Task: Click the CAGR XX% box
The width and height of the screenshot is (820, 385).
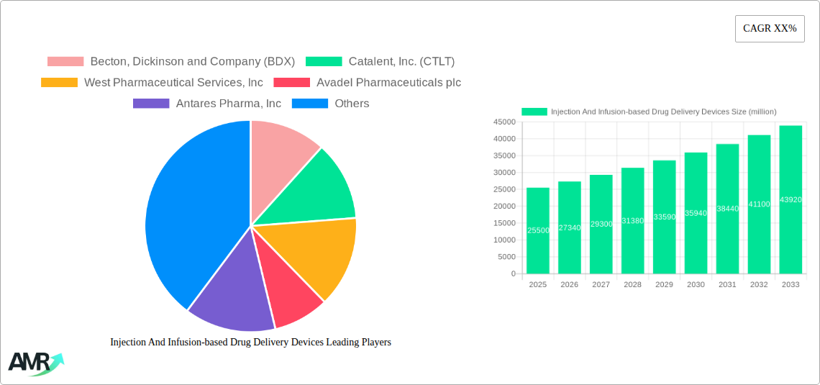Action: pyautogui.click(x=770, y=29)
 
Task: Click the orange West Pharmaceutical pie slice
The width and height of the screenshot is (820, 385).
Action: pyautogui.click(x=316, y=252)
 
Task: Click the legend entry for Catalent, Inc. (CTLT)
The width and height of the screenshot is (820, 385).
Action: pyautogui.click(x=401, y=62)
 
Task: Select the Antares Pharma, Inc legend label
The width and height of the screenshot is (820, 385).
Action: pyautogui.click(x=228, y=104)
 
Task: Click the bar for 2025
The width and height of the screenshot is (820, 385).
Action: pyautogui.click(x=538, y=230)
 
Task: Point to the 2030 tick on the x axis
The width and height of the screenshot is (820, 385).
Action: pyautogui.click(x=696, y=285)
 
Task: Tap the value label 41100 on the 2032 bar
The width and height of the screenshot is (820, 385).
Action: pyautogui.click(x=759, y=204)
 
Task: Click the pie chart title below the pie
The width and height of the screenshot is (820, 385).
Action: pyautogui.click(x=250, y=343)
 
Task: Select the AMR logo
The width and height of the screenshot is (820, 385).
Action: pyautogui.click(x=35, y=363)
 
